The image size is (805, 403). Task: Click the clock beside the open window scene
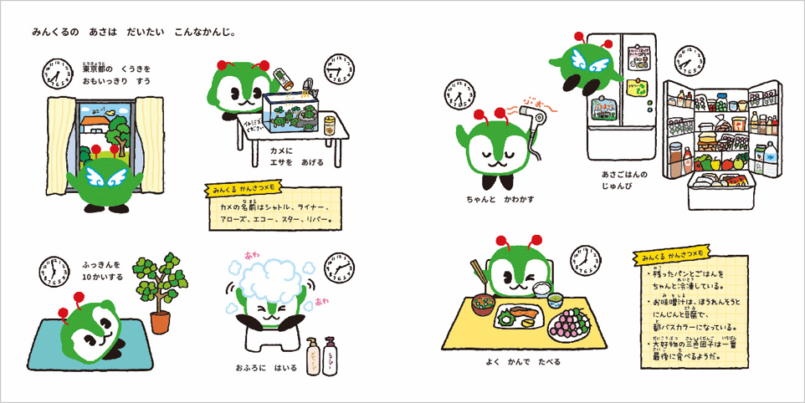pyautogui.click(x=55, y=73)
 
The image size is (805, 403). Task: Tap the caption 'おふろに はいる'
pyautogui.click(x=266, y=366)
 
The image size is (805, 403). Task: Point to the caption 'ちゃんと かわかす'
pyautogui.click(x=500, y=199)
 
